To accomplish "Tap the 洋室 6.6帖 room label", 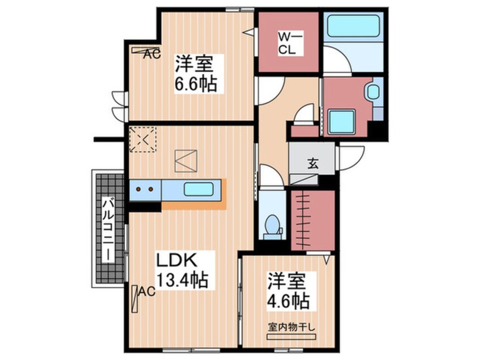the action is (x=195, y=73).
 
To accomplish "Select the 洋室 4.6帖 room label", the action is (x=288, y=291).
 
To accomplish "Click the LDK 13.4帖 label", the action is (x=183, y=270).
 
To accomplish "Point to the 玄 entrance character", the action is (x=313, y=164).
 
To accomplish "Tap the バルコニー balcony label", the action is (x=107, y=230).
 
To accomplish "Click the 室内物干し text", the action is (x=291, y=327).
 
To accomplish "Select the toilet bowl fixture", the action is (x=272, y=227).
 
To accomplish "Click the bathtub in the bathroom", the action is (x=353, y=26).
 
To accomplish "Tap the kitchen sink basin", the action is (x=199, y=189).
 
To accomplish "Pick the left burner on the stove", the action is (x=138, y=189).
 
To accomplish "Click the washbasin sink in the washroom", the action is (x=373, y=91).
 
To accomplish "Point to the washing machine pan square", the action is (x=342, y=122).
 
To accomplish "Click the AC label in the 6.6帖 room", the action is (x=153, y=55).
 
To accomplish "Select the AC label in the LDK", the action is (x=146, y=292).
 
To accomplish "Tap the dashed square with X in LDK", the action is (x=142, y=140).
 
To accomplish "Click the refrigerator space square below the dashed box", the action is (x=186, y=161).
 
